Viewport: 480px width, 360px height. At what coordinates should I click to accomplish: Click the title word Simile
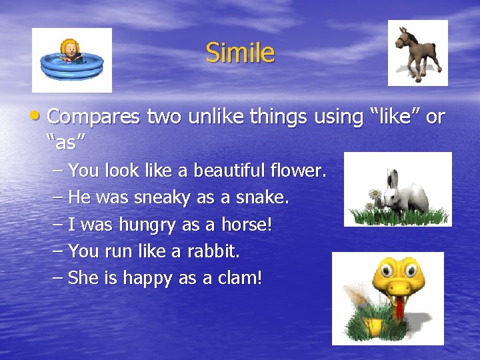(x=239, y=53)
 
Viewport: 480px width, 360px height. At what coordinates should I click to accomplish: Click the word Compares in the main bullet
(x=93, y=117)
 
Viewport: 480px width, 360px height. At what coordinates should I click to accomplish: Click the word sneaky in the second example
(x=163, y=198)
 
